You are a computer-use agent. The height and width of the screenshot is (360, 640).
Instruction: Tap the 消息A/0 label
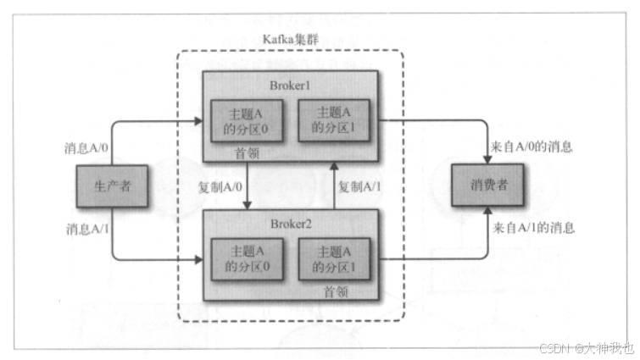pos(88,147)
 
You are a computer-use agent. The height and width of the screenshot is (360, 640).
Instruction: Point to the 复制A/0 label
pos(216,186)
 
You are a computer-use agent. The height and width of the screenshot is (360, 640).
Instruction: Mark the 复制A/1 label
pos(363,186)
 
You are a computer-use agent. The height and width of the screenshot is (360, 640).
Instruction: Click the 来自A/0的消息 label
pos(533,147)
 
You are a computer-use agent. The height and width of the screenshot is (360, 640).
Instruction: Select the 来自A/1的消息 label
pos(533,228)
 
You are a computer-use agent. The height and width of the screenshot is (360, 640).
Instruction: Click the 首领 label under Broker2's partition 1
pos(337,291)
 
